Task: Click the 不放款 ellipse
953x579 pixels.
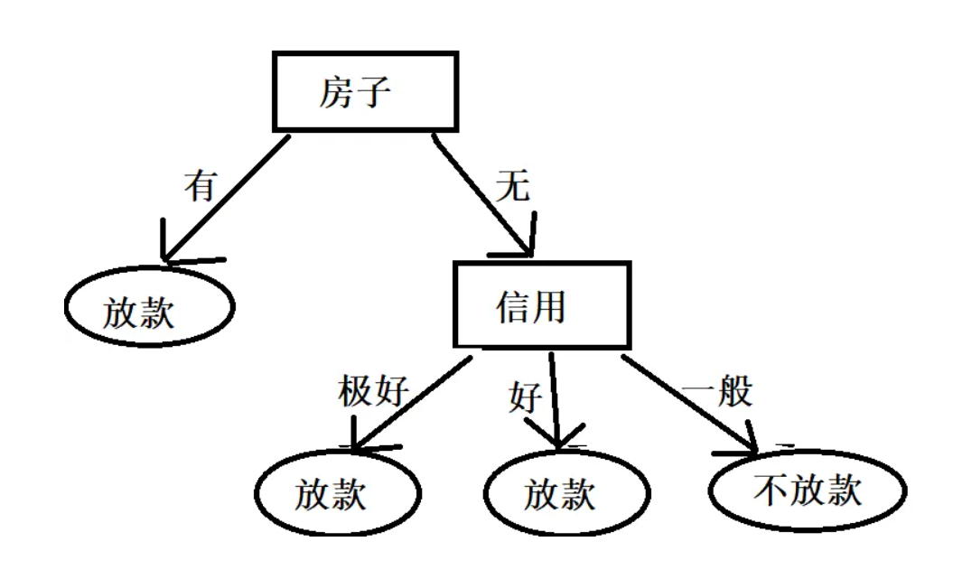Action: click(x=807, y=491)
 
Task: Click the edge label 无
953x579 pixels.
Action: click(x=512, y=187)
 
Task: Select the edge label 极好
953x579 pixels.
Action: click(x=373, y=391)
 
